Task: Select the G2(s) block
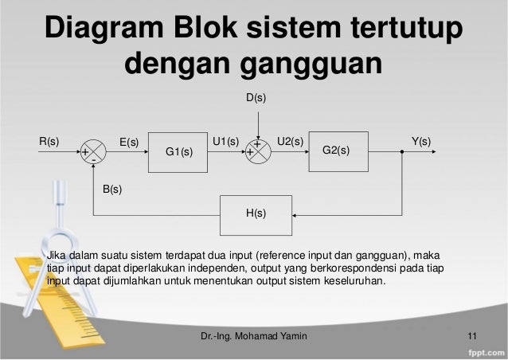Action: (x=338, y=151)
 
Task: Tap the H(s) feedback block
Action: (x=256, y=213)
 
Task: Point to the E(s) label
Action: (x=129, y=143)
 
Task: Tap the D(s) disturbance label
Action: (x=256, y=97)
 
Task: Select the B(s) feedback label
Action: (x=112, y=190)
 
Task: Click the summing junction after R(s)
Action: (x=94, y=151)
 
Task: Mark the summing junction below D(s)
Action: (x=258, y=151)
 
